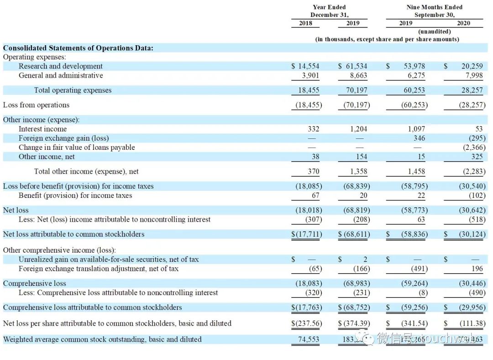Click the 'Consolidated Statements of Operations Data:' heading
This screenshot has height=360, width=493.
(x=78, y=48)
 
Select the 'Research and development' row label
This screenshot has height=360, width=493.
(x=61, y=66)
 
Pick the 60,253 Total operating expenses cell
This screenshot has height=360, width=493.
(x=415, y=90)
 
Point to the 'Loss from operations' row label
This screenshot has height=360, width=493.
(x=37, y=105)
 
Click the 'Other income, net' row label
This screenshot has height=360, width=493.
(x=47, y=157)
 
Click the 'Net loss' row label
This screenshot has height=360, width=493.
(x=16, y=210)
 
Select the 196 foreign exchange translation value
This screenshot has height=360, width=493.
(x=476, y=269)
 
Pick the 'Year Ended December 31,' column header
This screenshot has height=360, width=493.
(x=330, y=11)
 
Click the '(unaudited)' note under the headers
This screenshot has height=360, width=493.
(x=434, y=32)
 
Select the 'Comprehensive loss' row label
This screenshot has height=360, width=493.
(x=35, y=283)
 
